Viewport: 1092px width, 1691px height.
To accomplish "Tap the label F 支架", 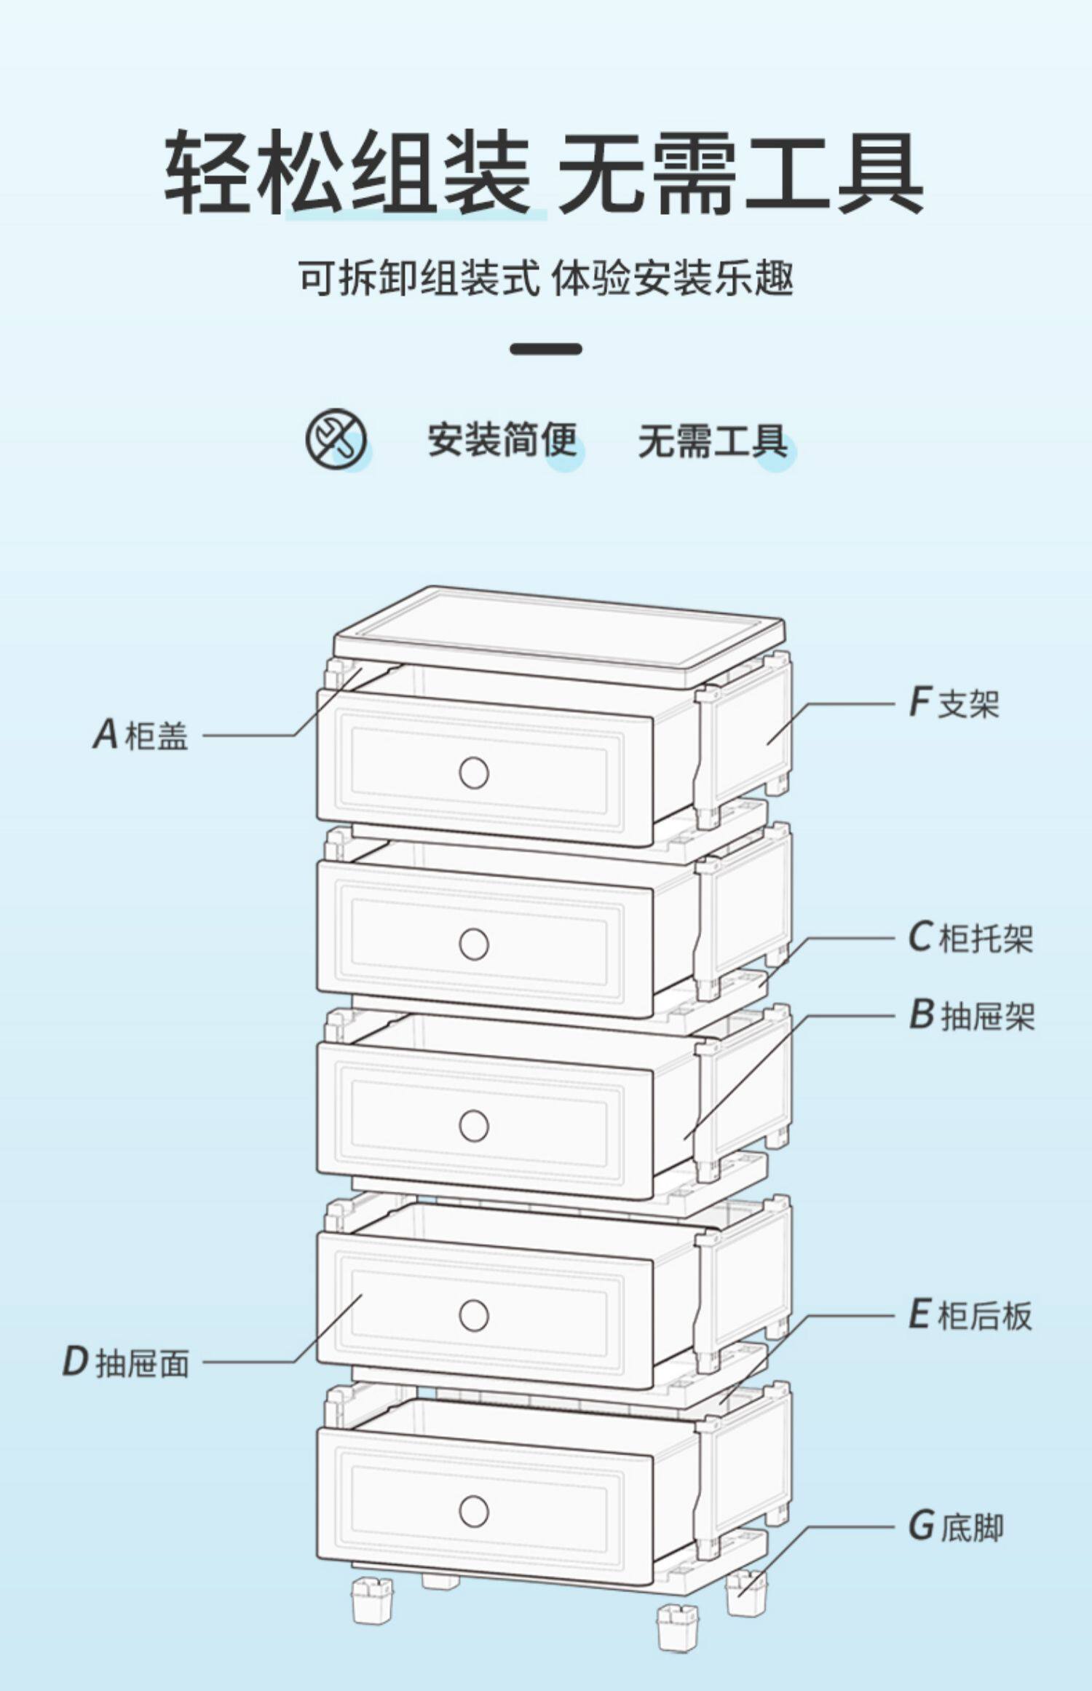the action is (954, 703).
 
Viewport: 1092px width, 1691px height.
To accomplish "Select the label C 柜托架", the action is (970, 937).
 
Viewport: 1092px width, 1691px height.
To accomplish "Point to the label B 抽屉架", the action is (972, 1014).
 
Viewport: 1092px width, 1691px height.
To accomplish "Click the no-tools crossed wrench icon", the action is (336, 439).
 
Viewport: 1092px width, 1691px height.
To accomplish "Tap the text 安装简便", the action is (502, 441).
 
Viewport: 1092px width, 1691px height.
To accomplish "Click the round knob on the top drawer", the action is (474, 773).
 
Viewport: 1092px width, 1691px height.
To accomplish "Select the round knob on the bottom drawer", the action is (474, 1511).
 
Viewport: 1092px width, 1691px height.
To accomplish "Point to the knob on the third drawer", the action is (474, 1126).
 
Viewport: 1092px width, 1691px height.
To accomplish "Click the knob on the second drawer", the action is (474, 945).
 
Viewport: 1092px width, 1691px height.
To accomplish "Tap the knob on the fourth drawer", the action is (474, 1315).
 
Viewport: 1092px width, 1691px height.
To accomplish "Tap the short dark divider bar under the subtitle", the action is (546, 349).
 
